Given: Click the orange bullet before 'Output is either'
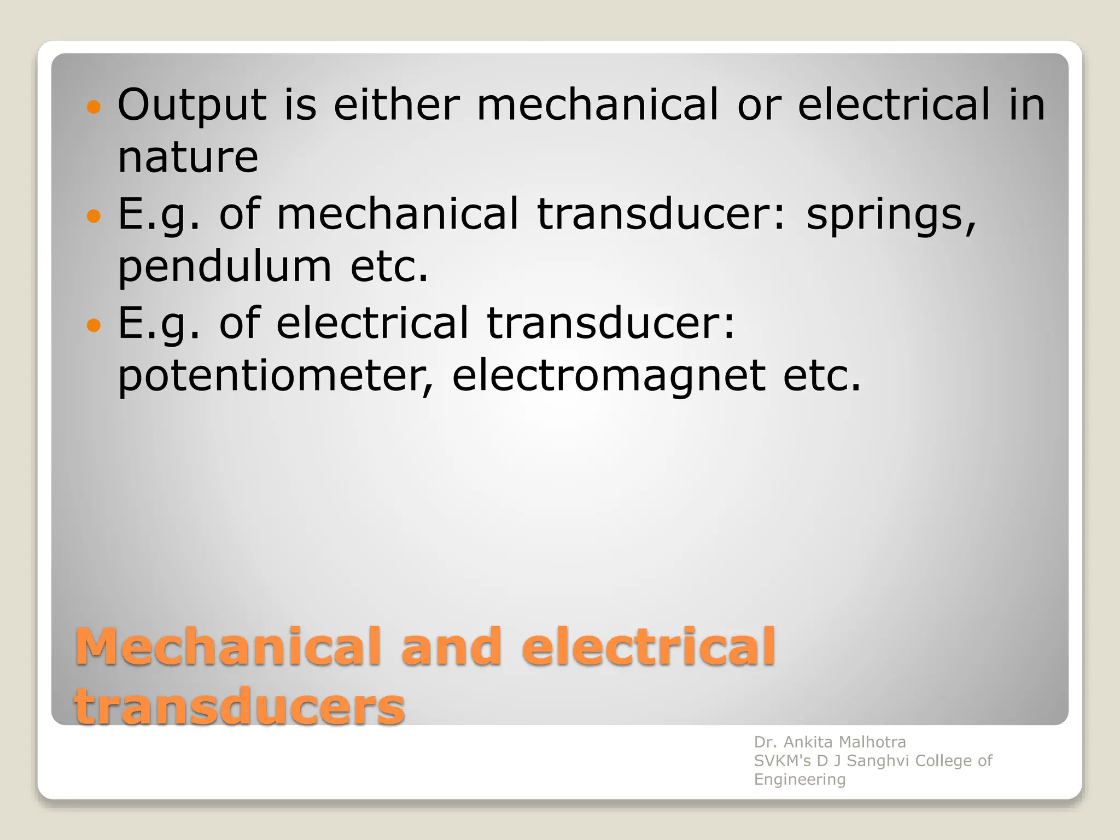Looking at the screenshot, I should point(94,107).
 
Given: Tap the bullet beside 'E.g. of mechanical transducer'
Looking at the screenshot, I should point(94,216).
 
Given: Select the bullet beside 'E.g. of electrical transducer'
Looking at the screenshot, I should point(94,325).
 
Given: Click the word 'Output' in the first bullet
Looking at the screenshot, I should point(191,105).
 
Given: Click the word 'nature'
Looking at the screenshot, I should point(188,159).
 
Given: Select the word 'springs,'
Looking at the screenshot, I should point(891,215).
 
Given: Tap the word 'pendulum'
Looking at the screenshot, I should point(225,268).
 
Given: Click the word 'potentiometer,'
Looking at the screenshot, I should point(276,377).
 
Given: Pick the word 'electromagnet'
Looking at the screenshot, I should point(608,377).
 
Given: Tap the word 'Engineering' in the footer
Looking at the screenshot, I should point(800,780).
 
